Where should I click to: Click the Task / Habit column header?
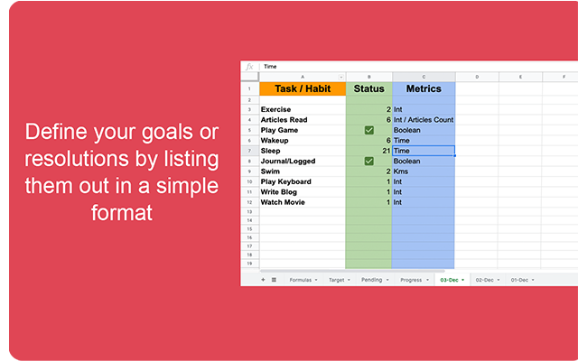pos(303,89)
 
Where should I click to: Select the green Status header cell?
pos(368,89)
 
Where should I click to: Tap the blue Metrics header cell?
pos(424,89)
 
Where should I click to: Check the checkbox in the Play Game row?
pos(369,130)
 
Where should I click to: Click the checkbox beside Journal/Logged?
pos(369,161)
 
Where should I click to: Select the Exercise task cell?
pos(277,109)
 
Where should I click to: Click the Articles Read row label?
pos(284,119)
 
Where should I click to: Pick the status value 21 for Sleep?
pos(385,151)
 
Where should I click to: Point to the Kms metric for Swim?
pos(401,171)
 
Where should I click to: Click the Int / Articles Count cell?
pos(424,119)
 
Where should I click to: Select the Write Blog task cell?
pos(280,191)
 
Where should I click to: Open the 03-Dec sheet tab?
pos(449,280)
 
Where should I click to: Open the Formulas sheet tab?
pos(300,280)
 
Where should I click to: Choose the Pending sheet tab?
pos(373,280)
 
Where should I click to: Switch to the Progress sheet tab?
pos(411,280)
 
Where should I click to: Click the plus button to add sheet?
pos(263,280)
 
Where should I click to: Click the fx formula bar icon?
pos(250,67)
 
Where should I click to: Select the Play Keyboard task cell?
pos(287,181)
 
